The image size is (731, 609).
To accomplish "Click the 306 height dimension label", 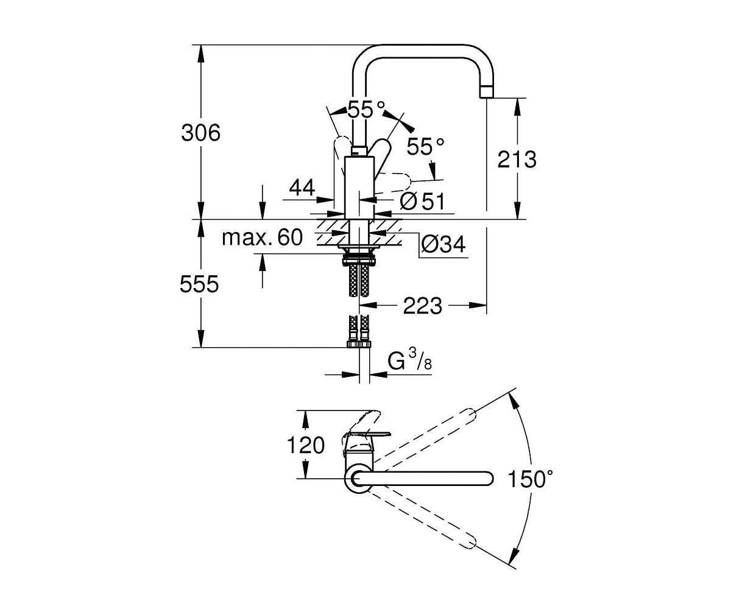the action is point(200,133).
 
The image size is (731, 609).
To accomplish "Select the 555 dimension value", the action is point(199,284).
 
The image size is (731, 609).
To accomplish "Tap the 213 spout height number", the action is point(517,159).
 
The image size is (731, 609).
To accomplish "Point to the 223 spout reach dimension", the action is point(423,306).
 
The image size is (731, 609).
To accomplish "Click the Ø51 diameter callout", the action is point(422,201).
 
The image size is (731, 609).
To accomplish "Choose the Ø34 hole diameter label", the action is point(443,244).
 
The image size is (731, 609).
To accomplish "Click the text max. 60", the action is point(262,238).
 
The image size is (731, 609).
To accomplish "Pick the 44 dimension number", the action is point(302,188).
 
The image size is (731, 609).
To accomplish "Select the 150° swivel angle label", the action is point(531,479).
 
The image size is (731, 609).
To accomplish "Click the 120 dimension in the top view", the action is point(306,446).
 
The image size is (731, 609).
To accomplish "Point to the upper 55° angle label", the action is point(366,109).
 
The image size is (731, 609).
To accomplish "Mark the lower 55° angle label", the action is point(425,146).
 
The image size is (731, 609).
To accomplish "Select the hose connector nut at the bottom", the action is point(359,345).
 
